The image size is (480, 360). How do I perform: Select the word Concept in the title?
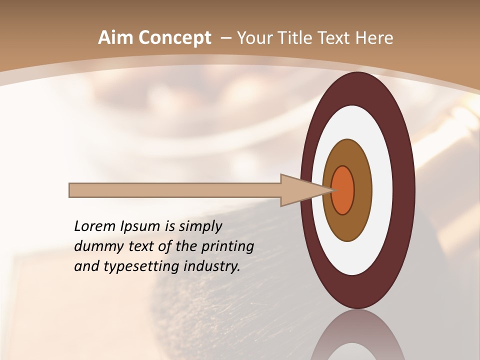point(175,38)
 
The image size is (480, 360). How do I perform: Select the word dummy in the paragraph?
point(96,246)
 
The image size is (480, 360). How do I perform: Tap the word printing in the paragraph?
point(228,246)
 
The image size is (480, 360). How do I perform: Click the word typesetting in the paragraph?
point(141,266)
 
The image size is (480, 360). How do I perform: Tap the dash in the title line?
point(225,38)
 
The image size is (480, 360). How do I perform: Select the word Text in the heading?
point(335,38)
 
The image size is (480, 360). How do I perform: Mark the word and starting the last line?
point(86,266)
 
